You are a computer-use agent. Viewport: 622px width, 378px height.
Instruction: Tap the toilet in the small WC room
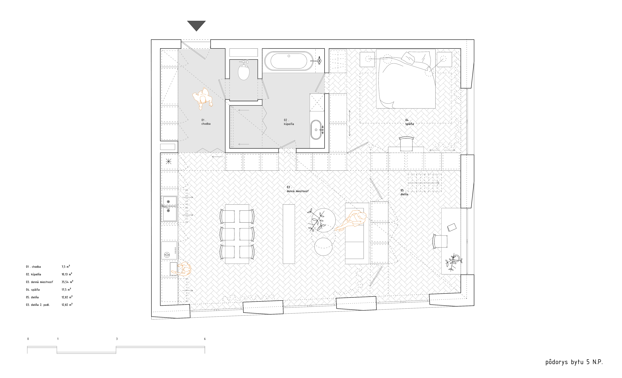click(244, 71)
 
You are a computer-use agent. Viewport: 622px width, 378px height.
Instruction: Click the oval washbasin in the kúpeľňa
click(316, 130)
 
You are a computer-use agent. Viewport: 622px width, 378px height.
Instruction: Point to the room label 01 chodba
click(206, 122)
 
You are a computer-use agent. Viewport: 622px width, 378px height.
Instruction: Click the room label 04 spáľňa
click(409, 122)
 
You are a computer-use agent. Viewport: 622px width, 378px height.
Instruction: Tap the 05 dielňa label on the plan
click(404, 192)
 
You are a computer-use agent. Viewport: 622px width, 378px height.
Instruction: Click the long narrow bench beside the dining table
click(289, 234)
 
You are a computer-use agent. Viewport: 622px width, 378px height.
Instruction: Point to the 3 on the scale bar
click(117, 339)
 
